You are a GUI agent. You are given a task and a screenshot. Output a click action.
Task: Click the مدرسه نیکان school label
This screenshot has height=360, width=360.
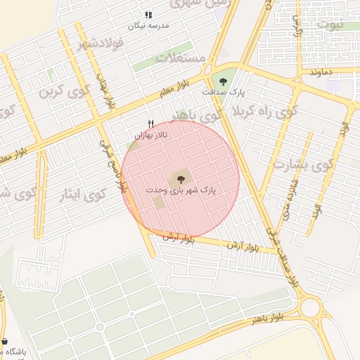pos(148,26)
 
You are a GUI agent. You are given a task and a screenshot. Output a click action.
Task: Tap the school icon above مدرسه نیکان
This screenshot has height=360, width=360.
pos(148,15)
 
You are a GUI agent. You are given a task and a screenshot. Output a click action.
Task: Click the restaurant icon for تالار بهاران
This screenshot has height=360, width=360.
pos(150,124)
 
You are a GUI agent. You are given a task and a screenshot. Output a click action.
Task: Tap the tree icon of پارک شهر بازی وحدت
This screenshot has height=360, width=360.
pos(181,179)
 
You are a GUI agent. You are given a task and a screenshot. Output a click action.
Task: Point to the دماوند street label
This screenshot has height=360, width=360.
pos(320,72)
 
